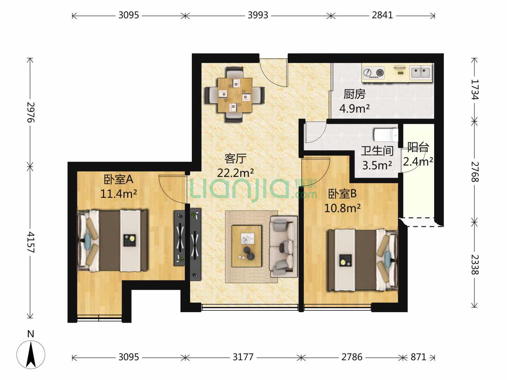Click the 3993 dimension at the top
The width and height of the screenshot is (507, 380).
click(258, 15)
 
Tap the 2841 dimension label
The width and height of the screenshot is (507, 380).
click(382, 15)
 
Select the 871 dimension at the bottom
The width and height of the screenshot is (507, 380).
click(418, 357)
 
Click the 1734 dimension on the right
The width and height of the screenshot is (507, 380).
click(474, 89)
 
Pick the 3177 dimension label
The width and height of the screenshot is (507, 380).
click(243, 357)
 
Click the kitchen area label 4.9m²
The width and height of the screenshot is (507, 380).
click(354, 108)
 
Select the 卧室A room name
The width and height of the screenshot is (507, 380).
click(118, 179)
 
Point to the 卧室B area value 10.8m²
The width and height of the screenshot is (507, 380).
click(342, 208)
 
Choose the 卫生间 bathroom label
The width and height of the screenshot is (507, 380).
click(377, 151)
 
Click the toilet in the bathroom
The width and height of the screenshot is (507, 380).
click(386, 135)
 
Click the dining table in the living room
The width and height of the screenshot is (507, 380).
click(235, 95)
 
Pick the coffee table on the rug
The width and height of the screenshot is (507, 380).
click(247, 246)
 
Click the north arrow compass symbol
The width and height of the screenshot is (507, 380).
click(31, 354)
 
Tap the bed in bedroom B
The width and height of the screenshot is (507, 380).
click(363, 260)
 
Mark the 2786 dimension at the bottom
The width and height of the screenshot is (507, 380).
click(352, 357)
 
